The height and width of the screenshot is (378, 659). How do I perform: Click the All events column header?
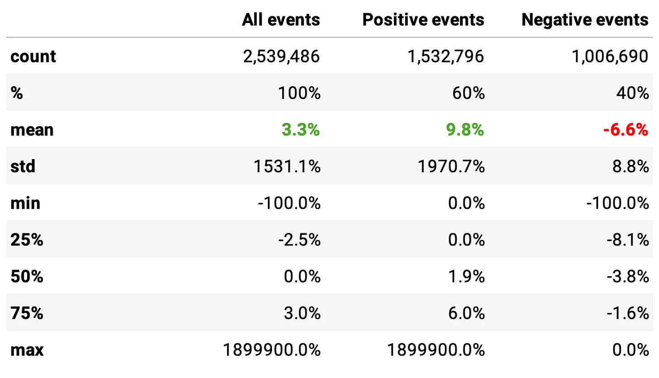click(281, 19)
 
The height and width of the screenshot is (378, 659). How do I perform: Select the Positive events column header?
click(423, 19)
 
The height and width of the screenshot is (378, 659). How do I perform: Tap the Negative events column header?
click(585, 19)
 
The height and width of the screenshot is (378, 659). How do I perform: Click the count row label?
click(33, 57)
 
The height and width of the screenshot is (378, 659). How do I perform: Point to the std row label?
click(23, 167)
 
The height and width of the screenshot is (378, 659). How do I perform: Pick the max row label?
click(27, 350)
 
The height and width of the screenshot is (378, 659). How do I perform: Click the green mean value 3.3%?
click(301, 130)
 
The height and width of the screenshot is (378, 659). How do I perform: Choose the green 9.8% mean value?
click(465, 130)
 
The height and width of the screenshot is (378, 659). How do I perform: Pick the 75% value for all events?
click(303, 313)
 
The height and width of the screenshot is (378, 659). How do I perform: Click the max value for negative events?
click(630, 350)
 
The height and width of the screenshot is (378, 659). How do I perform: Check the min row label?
click(25, 203)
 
